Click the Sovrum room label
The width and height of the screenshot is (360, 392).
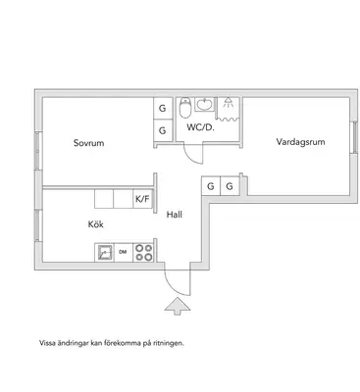pyautogui.click(x=88, y=143)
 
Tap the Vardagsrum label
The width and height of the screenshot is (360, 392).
pyautogui.click(x=300, y=142)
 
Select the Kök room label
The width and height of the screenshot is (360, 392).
pyautogui.click(x=96, y=224)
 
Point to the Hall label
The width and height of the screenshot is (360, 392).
pyautogui.click(x=175, y=215)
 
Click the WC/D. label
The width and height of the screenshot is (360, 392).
pyautogui.click(x=200, y=127)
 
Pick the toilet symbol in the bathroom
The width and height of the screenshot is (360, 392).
pyautogui.click(x=185, y=108)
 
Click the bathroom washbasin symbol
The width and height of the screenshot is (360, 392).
pyautogui.click(x=205, y=105)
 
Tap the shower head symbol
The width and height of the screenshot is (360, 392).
pyautogui.click(x=228, y=102)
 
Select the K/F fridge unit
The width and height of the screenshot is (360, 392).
pyautogui.click(x=142, y=199)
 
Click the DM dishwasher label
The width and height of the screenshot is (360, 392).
pyautogui.click(x=123, y=252)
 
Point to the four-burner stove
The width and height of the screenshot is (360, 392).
pyautogui.click(x=143, y=253)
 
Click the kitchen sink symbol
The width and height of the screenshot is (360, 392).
pyautogui.click(x=105, y=253)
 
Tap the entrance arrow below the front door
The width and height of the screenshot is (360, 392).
pyautogui.click(x=177, y=307)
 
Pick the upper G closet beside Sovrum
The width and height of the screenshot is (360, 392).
pyautogui.click(x=163, y=108)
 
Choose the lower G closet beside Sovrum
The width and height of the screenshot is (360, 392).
pyautogui.click(x=163, y=130)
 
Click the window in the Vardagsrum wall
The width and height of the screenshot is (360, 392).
pyautogui.click(x=354, y=137)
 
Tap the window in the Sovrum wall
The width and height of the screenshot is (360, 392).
pyautogui.click(x=38, y=151)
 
